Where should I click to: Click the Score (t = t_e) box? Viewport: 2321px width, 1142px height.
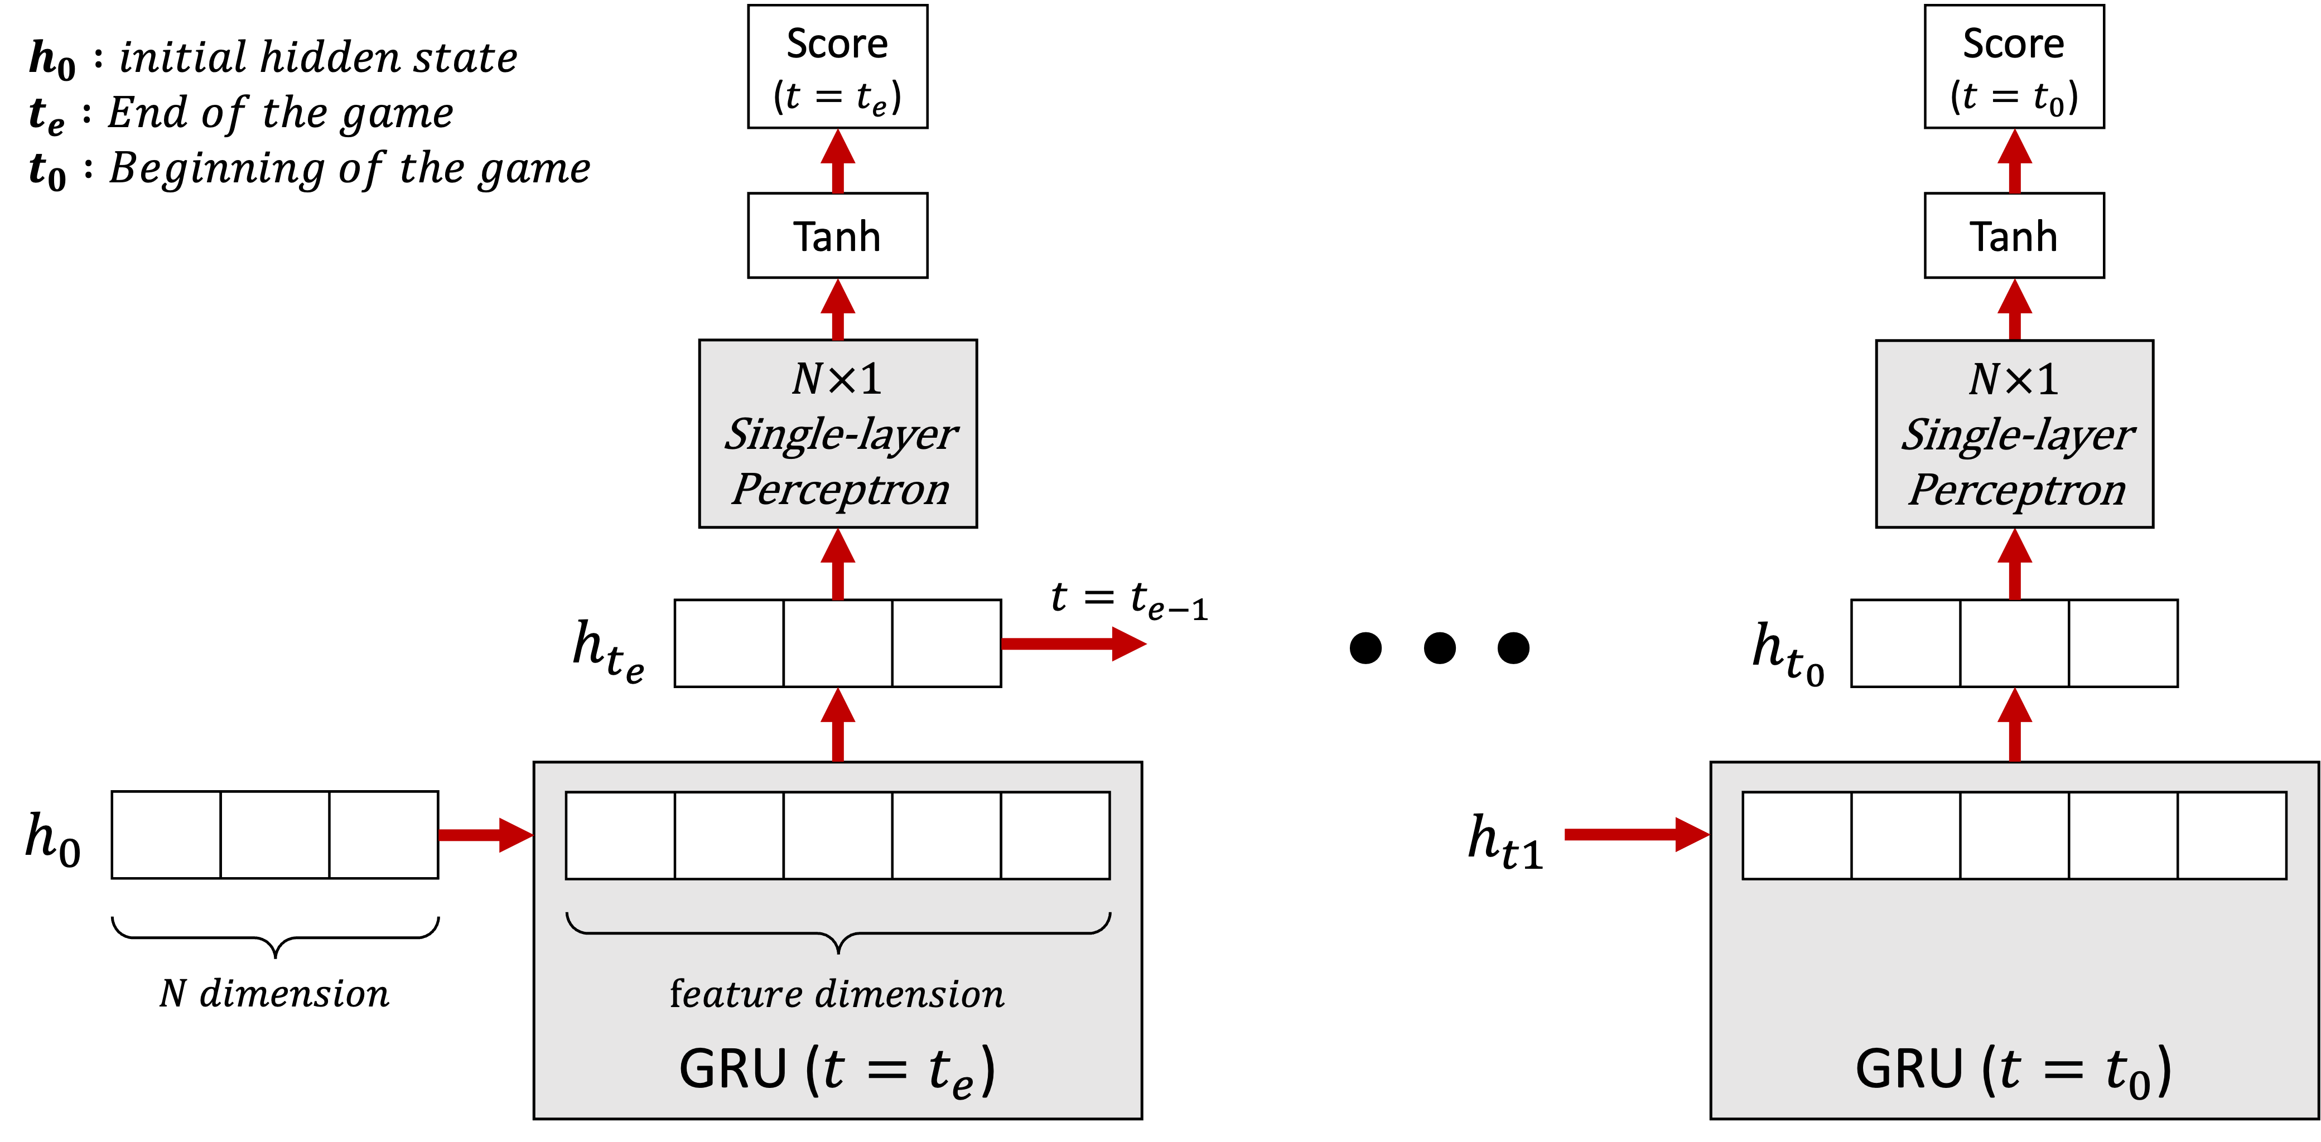[x=837, y=67]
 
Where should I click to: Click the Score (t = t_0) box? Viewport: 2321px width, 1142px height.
[x=2014, y=67]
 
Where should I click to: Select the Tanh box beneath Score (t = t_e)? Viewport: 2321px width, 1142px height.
[x=837, y=235]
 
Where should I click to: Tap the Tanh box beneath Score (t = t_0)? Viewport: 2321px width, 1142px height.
[x=2014, y=235]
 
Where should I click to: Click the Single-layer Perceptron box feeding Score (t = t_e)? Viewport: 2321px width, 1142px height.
[x=837, y=433]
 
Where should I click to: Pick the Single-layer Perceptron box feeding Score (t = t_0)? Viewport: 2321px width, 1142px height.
[x=2014, y=433]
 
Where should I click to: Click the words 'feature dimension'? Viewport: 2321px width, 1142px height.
[x=837, y=994]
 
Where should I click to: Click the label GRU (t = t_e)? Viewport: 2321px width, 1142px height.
[x=837, y=1070]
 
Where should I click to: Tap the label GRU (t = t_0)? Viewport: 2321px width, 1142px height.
[x=2014, y=1070]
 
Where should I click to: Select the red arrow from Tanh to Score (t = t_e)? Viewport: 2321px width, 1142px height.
[x=838, y=162]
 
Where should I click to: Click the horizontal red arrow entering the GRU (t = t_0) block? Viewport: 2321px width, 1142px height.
[x=1635, y=835]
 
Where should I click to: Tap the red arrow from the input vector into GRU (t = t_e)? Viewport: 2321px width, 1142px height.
[x=485, y=835]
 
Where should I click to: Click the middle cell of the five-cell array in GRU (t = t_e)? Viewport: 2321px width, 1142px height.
[x=838, y=835]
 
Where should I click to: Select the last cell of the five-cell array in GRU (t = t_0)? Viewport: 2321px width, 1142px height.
[x=2232, y=835]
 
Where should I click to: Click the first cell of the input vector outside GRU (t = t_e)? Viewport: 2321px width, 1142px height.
[x=167, y=835]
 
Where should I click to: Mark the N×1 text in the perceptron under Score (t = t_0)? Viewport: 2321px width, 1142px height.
[x=2014, y=379]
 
